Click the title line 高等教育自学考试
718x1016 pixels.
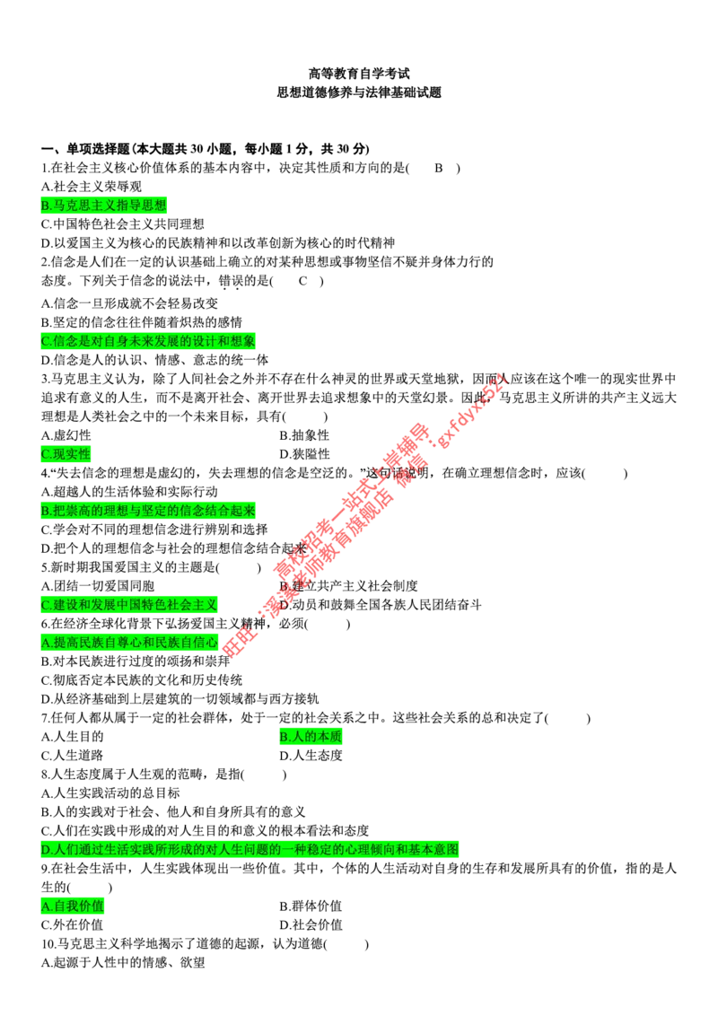pos(359,74)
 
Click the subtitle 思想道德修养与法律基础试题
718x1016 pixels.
pos(359,92)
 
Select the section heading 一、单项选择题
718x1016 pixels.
pos(85,149)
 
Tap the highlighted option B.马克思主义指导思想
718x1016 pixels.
pos(104,206)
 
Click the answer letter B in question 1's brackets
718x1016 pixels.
pos(439,168)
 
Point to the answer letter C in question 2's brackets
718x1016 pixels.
pos(302,281)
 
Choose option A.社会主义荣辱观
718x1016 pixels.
pos(92,187)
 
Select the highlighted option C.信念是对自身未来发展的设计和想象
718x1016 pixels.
pos(148,341)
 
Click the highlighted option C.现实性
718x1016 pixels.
pos(66,453)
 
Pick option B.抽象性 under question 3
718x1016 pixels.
pos(304,435)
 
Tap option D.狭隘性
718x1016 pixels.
pos(304,454)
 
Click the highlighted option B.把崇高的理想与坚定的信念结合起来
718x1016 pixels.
pos(148,511)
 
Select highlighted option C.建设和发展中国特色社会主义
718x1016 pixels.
pos(129,605)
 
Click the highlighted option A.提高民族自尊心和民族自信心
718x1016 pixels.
pos(129,642)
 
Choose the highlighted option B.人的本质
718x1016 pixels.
pos(311,736)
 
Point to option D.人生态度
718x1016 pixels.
pos(311,756)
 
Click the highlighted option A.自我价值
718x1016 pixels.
pos(72,906)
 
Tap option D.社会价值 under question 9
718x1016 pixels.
pos(311,924)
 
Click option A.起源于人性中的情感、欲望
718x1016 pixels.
pos(123,963)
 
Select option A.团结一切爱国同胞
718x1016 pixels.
pos(98,586)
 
